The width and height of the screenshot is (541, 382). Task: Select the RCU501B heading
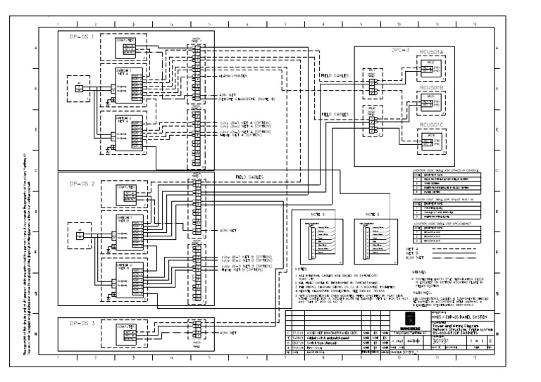432,88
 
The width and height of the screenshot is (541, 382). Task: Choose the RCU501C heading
432,124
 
